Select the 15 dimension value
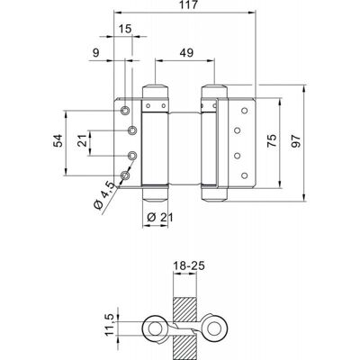(125, 29)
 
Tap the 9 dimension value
(96, 53)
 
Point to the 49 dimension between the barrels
(186, 53)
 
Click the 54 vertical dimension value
(58, 140)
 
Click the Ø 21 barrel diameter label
(160, 217)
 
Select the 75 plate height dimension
(272, 141)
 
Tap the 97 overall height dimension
(295, 141)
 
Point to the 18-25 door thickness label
(189, 265)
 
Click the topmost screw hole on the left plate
(125, 111)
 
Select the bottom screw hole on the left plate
(125, 175)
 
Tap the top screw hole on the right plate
(245, 111)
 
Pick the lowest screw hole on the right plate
(245, 175)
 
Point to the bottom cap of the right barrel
(214, 194)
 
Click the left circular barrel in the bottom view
(155, 328)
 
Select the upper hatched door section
(184, 310)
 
